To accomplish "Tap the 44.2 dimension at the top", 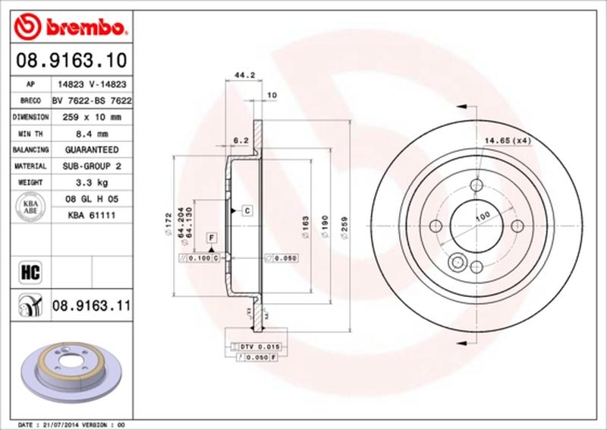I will coord(244,75).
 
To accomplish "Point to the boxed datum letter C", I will coord(247,209).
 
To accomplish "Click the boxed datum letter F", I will coord(209,238).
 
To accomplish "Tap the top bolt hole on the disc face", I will coord(476,185).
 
